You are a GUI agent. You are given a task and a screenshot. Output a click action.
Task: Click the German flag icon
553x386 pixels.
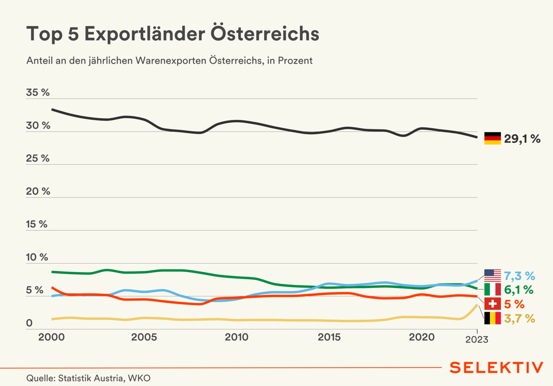492,138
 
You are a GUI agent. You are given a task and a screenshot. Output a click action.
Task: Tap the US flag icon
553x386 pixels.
492,275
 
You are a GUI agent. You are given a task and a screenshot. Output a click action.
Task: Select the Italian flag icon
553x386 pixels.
492,289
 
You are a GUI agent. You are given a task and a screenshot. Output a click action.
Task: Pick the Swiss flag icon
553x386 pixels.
492,304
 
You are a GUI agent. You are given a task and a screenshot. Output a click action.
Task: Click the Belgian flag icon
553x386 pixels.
492,318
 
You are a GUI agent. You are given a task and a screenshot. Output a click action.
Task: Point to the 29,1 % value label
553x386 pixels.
522,139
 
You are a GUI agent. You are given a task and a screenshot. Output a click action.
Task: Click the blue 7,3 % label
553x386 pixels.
519,276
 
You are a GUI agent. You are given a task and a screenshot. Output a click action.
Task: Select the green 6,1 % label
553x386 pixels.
519,290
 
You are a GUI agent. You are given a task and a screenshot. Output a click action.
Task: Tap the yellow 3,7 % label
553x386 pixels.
519,319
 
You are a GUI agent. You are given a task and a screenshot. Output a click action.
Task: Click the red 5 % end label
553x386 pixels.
514,304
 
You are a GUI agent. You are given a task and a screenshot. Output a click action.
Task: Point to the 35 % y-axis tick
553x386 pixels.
38,93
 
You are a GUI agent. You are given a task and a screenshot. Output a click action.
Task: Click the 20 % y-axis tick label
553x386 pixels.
38,192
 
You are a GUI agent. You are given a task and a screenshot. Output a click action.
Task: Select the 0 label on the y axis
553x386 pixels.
29,323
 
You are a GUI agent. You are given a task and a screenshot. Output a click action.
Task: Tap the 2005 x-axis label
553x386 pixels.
144,337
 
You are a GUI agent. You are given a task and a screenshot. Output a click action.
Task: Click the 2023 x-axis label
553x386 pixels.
477,339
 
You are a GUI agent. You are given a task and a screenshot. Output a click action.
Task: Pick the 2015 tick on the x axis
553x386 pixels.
329,337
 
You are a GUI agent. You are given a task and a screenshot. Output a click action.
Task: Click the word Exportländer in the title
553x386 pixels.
145,34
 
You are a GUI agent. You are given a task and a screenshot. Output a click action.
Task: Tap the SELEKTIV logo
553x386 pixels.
496,368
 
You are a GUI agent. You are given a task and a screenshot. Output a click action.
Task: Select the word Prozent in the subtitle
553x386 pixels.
295,61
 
